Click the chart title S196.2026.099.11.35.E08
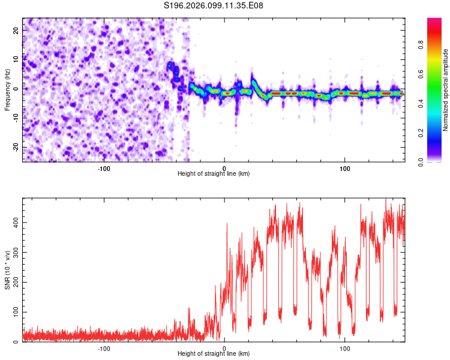coord(214,5)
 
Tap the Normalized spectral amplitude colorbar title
coord(446,90)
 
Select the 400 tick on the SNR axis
coord(14,223)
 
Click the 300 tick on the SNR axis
coord(14,253)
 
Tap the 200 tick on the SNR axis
coord(14,282)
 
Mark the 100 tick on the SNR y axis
coord(14,312)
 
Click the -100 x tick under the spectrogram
coord(104,168)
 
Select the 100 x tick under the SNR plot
coord(345,348)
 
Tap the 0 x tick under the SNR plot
coord(224,348)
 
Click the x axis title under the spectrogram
coord(214,174)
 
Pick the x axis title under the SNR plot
coord(214,354)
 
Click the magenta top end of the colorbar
coord(434,21)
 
